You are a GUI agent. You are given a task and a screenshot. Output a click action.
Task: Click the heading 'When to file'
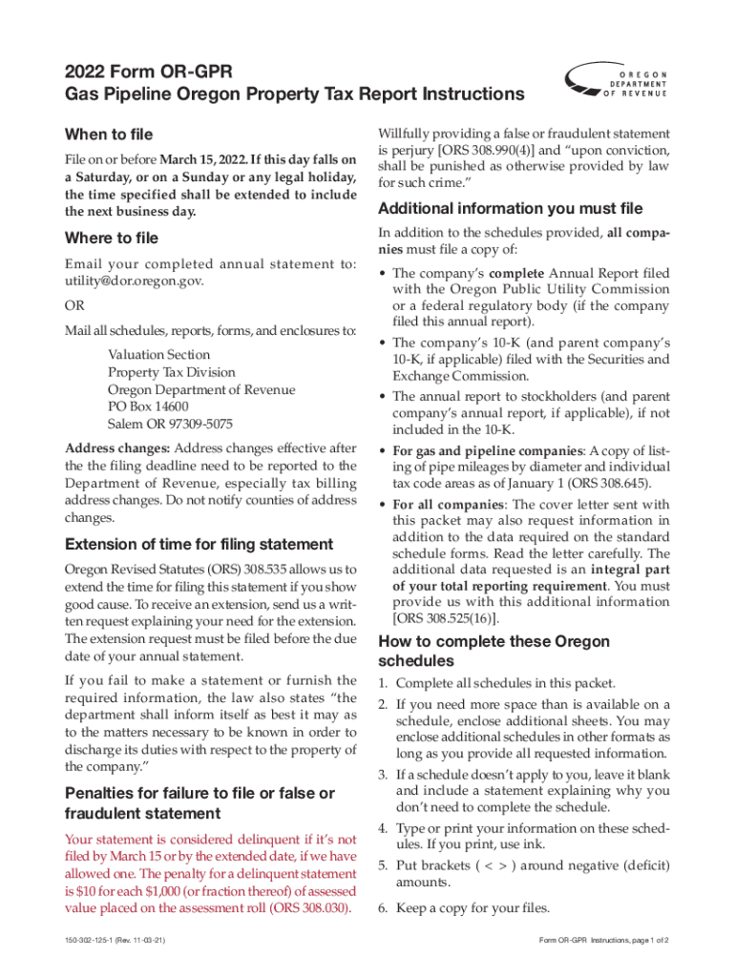pyautogui.click(x=108, y=135)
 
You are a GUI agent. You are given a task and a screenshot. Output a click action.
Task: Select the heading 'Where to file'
pyautogui.click(x=111, y=238)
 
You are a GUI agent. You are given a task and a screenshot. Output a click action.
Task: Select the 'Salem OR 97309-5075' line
pyautogui.click(x=170, y=424)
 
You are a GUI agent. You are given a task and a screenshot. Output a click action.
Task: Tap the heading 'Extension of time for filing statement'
pyautogui.click(x=199, y=545)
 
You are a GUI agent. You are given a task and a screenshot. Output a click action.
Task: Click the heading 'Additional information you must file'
pyautogui.click(x=511, y=209)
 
